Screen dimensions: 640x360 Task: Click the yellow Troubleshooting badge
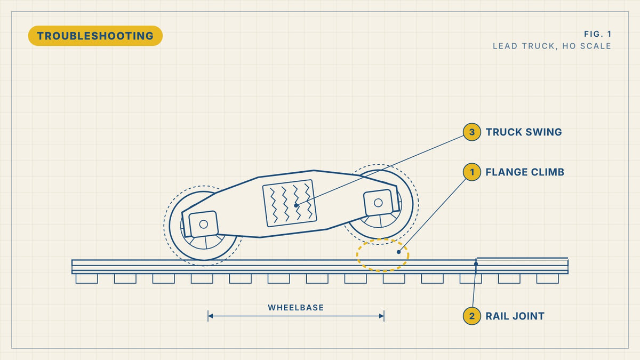(x=95, y=36)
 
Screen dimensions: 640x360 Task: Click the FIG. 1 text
(x=597, y=34)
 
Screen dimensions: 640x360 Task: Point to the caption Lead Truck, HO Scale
(x=551, y=46)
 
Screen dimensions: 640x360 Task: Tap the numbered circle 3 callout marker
(x=471, y=132)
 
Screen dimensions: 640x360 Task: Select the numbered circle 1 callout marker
(x=471, y=172)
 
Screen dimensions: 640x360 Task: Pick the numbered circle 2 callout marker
(x=471, y=316)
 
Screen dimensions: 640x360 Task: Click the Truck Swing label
(x=524, y=132)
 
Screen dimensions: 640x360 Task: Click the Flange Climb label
(x=525, y=172)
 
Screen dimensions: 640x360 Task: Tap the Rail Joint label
(x=515, y=316)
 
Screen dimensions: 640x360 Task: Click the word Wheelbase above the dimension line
(x=295, y=307)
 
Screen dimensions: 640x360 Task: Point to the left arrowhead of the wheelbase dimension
(x=211, y=316)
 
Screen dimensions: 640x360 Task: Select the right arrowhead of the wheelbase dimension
(x=381, y=316)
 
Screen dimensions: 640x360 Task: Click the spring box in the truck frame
(x=290, y=203)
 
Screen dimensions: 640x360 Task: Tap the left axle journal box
(x=203, y=224)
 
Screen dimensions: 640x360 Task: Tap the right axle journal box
(x=378, y=203)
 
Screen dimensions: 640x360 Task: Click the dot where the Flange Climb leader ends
(x=398, y=252)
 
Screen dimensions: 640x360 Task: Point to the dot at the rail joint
(x=476, y=263)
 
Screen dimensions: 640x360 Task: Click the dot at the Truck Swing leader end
(x=296, y=205)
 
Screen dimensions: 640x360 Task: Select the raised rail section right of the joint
(x=522, y=266)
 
